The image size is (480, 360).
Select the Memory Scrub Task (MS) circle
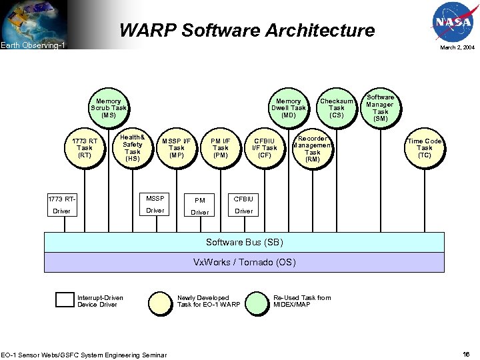pyautogui.click(x=109, y=108)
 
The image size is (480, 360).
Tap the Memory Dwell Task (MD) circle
pyautogui.click(x=288, y=108)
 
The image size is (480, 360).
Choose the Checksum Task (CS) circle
pyautogui.click(x=337, y=107)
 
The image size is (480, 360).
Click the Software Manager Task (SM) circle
pyautogui.click(x=380, y=107)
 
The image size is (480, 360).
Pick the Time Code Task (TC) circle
pyautogui.click(x=425, y=148)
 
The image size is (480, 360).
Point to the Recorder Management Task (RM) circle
pyautogui.click(x=312, y=149)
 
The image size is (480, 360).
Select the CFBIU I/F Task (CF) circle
pyautogui.click(x=265, y=148)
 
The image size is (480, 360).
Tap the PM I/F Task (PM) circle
pyautogui.click(x=220, y=148)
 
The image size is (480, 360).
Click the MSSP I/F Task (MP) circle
pyautogui.click(x=176, y=148)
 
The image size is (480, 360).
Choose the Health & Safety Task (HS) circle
pyautogui.click(x=133, y=148)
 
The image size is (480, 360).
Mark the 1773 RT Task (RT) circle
pyautogui.click(x=85, y=148)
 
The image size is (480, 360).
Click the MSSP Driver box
pyautogui.click(x=155, y=205)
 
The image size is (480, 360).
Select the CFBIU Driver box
pyautogui.click(x=244, y=205)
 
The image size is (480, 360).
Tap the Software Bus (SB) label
pyautogui.click(x=244, y=242)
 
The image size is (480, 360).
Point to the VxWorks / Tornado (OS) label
pyautogui.click(x=244, y=262)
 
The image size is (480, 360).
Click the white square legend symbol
pyautogui.click(x=65, y=300)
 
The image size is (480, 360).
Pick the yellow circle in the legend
pyautogui.click(x=160, y=302)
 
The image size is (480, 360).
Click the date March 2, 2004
pyautogui.click(x=457, y=48)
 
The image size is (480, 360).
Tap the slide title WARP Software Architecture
pyautogui.click(x=247, y=30)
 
